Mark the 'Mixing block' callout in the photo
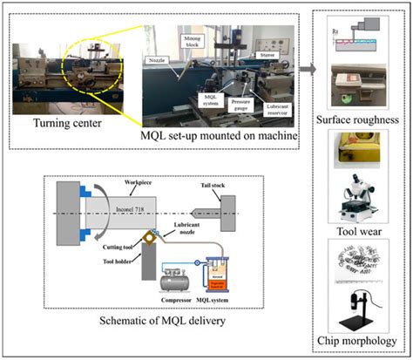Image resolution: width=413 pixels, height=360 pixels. click(193, 41)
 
